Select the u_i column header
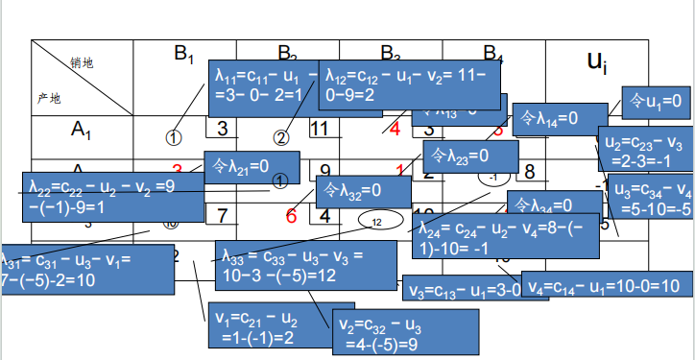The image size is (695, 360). (597, 65)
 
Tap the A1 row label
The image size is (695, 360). (81, 128)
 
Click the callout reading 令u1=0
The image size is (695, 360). (656, 100)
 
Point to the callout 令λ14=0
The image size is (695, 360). (546, 119)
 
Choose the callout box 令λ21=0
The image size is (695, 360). (251, 167)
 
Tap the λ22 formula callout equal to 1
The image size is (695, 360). (113, 197)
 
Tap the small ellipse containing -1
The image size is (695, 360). (493, 178)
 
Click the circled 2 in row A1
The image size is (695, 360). (281, 137)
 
